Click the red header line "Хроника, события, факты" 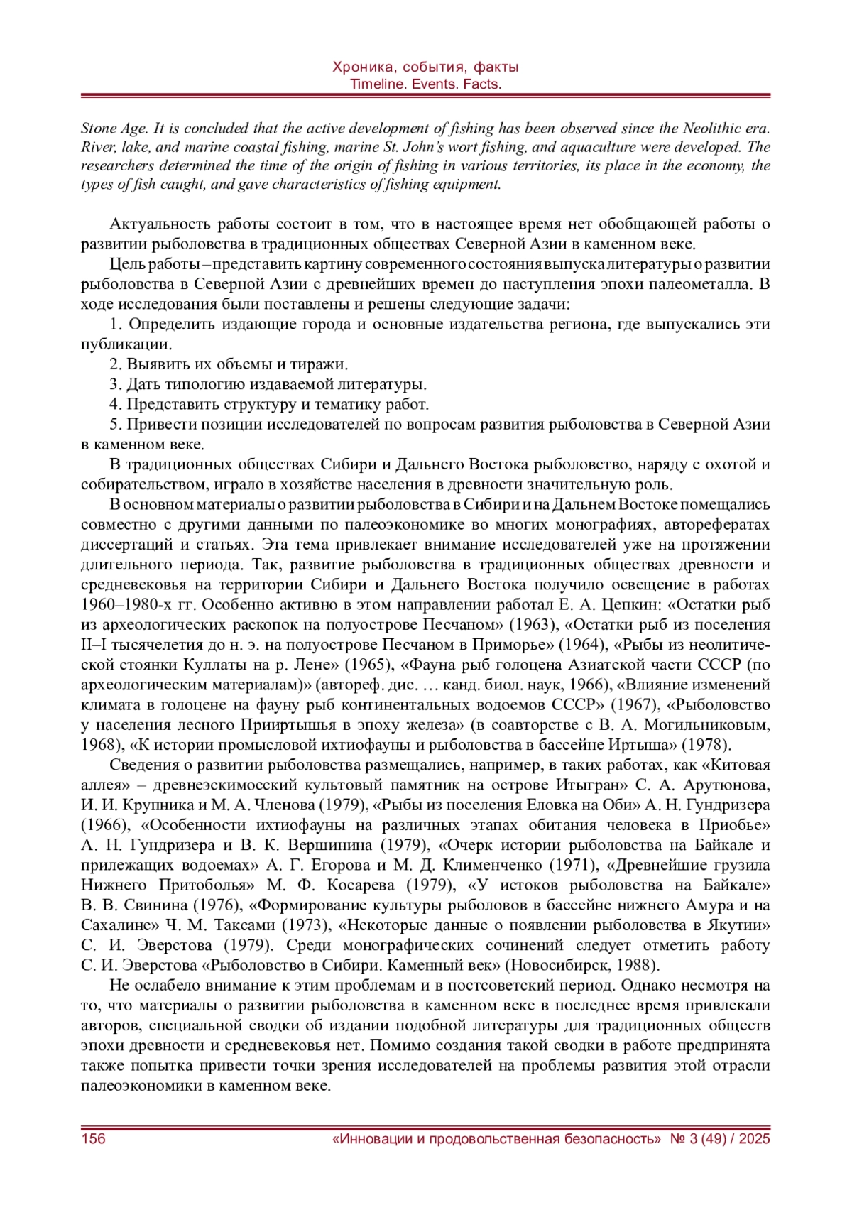pyautogui.click(x=425, y=67)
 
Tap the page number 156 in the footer pyautogui.click(x=93, y=1138)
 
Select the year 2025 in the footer pyautogui.click(x=753, y=1138)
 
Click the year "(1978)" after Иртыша pyautogui.click(x=706, y=745)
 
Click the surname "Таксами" pyautogui.click(x=230, y=925)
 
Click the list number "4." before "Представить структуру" pyautogui.click(x=116, y=405)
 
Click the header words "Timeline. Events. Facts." pyautogui.click(x=425, y=84)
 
